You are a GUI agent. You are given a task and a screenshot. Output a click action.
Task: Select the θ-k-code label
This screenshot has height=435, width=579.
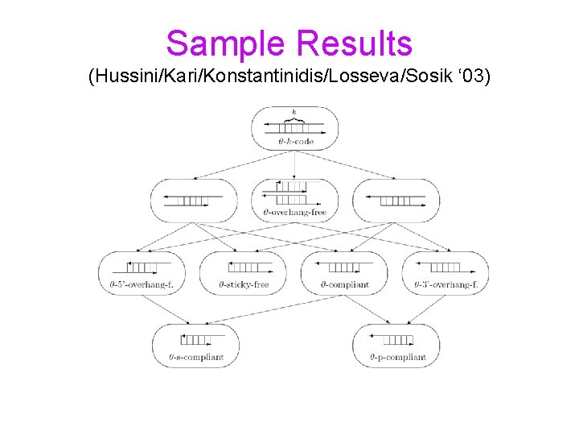[x=294, y=140]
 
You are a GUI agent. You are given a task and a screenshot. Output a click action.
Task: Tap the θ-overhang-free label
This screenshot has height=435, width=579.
[x=294, y=213]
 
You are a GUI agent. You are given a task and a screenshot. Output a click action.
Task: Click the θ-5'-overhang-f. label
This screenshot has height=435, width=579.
[x=142, y=284]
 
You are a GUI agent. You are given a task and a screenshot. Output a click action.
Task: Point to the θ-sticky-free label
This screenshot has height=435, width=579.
[x=244, y=284]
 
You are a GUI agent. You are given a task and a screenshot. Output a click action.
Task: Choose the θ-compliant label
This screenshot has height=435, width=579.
[x=344, y=284]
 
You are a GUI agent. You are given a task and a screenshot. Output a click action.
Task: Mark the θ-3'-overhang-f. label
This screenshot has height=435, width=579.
[x=446, y=284]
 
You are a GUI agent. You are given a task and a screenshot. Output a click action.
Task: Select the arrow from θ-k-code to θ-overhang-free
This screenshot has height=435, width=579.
[x=295, y=164]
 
